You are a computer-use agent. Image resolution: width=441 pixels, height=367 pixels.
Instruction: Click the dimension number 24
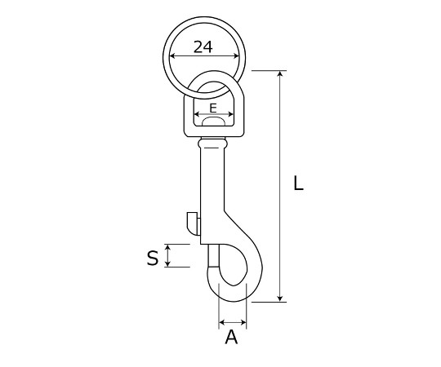click(203, 46)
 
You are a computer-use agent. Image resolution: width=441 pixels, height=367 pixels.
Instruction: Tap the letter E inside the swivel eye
click(213, 108)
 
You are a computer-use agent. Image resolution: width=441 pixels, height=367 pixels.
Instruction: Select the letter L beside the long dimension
click(298, 183)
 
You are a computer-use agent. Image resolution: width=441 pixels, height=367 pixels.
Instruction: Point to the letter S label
click(153, 258)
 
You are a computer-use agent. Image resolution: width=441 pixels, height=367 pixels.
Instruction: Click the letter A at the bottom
click(231, 337)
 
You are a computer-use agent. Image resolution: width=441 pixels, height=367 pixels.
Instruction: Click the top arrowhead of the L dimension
click(280, 73)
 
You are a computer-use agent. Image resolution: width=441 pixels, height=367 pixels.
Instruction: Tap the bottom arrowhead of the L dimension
click(280, 298)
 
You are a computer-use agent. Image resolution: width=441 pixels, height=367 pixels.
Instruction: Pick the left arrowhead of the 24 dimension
click(172, 56)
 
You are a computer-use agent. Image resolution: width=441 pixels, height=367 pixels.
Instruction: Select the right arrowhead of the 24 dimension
click(236, 56)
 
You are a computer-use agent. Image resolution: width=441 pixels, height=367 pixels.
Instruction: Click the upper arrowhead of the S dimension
click(167, 247)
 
